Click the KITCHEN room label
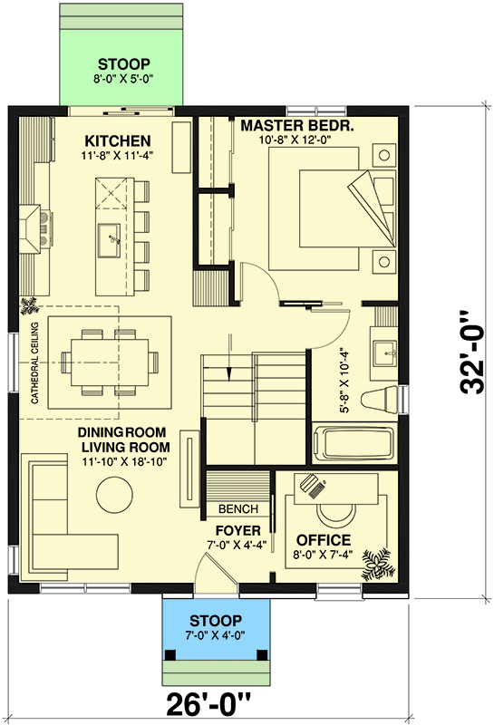[117, 140]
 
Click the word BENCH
[237, 508]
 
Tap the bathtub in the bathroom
[354, 445]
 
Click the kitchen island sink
[114, 238]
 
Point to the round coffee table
[116, 496]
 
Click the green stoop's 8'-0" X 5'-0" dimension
[125, 79]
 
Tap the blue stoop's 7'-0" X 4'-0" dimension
[216, 635]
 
